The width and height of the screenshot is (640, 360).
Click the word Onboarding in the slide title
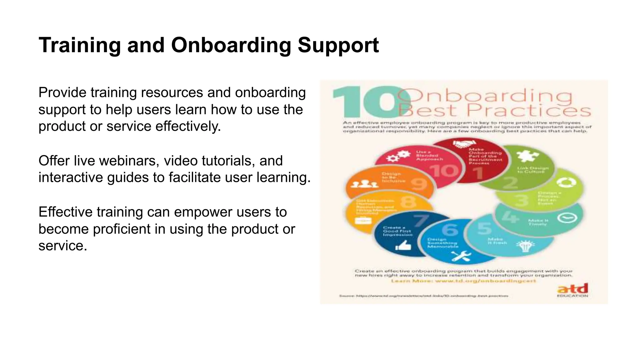tap(231, 45)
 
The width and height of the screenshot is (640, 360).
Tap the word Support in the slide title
tap(338, 45)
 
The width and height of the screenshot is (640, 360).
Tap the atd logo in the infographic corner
tap(572, 289)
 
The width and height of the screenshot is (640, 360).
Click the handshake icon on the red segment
tap(464, 144)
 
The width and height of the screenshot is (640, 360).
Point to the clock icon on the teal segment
tap(567, 217)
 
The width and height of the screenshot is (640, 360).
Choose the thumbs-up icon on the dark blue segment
tap(403, 246)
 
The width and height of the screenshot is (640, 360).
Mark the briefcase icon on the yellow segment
tap(363, 221)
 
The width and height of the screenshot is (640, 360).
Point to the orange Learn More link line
tap(463, 281)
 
